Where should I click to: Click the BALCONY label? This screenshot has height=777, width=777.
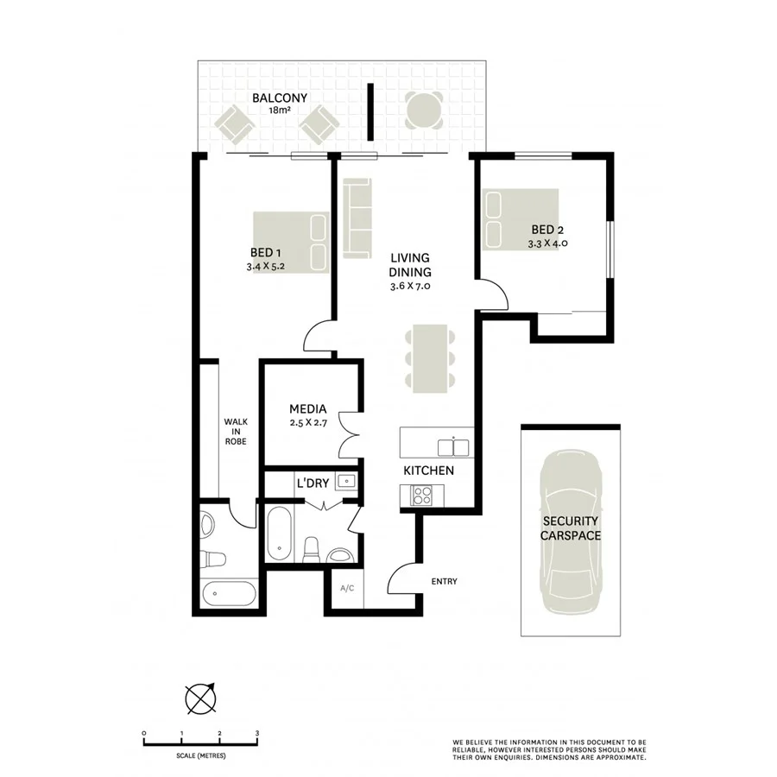pos(280,98)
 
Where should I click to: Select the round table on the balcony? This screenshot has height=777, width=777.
pos(425,111)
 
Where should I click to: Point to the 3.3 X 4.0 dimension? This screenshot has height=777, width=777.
pos(547,243)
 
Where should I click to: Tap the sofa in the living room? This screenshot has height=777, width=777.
pos(357,218)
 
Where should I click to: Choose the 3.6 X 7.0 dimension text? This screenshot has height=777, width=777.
pos(410,286)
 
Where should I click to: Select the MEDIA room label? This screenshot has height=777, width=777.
pos(306,408)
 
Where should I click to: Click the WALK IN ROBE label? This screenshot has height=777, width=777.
pos(235,431)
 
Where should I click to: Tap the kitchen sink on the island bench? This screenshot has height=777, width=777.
pos(453,447)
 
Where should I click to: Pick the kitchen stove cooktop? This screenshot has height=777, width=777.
pos(423,495)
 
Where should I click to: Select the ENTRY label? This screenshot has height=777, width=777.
pos(443,581)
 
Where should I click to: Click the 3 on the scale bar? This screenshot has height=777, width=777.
pos(257,733)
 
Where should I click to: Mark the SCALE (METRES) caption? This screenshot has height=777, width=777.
pos(200,755)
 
